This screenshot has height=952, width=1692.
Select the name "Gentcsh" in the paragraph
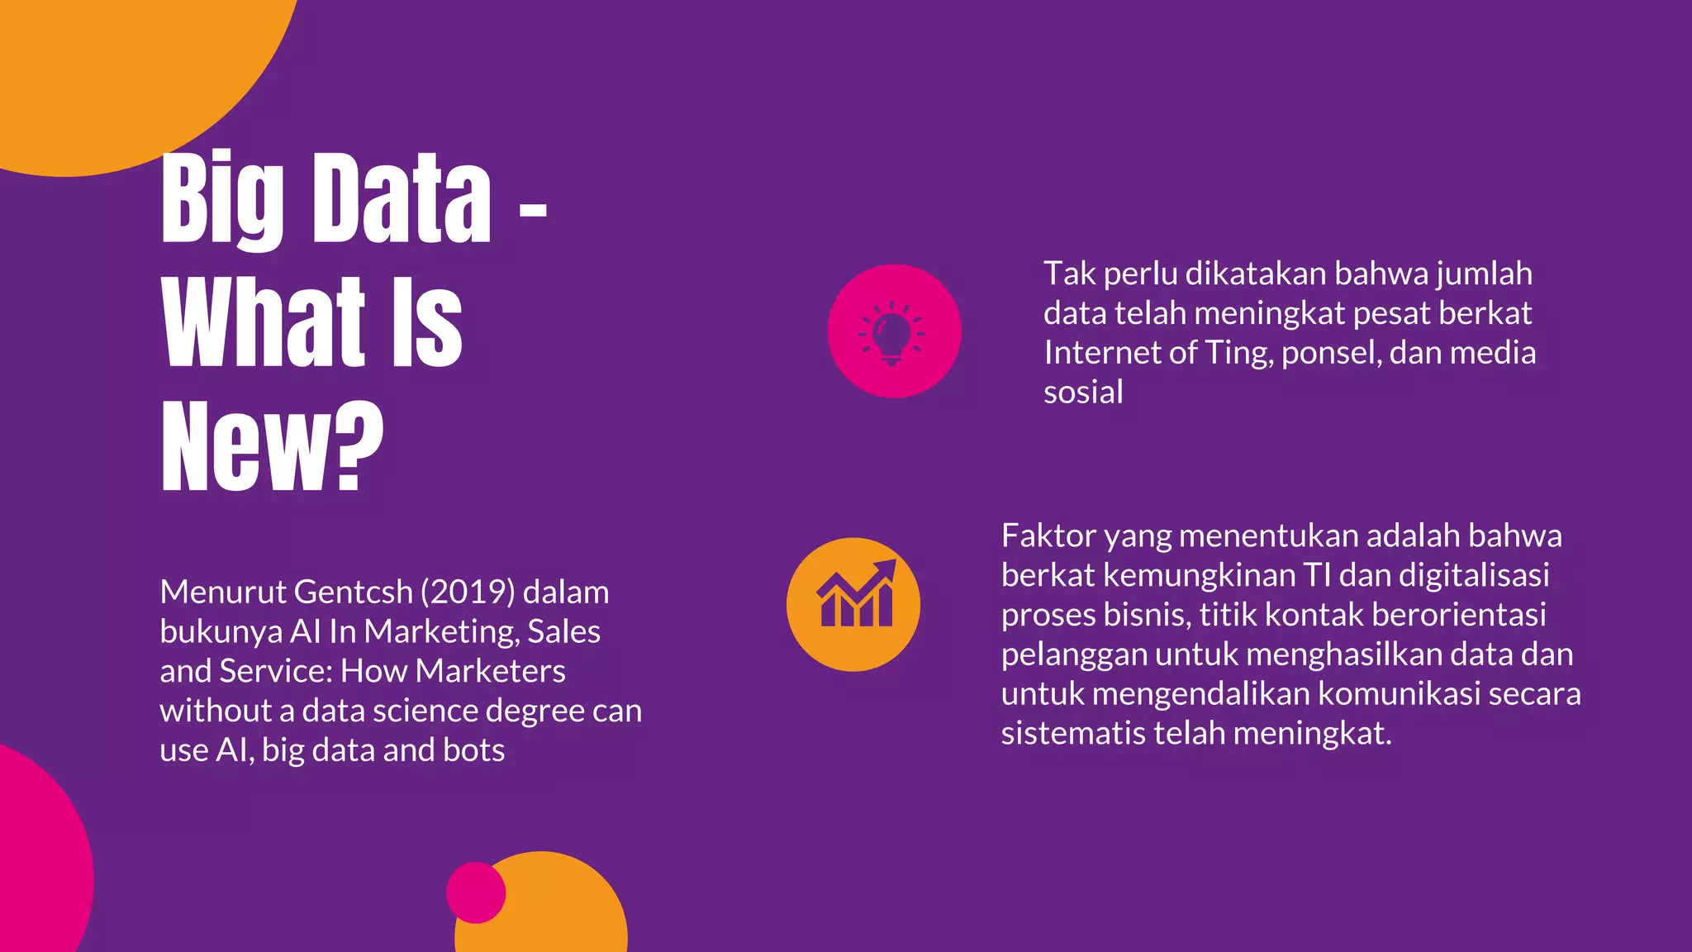[354, 592]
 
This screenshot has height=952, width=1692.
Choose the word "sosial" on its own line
[1083, 393]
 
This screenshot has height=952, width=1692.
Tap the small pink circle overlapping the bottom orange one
[475, 892]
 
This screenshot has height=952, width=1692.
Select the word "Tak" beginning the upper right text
[1069, 274]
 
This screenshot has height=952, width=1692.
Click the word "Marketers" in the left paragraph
[490, 671]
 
